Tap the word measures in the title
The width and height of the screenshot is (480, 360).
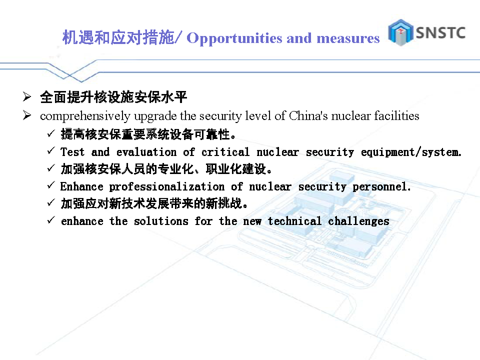pos(348,38)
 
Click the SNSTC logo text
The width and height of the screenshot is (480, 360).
pos(440,32)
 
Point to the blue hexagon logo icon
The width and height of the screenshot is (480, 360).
pos(400,32)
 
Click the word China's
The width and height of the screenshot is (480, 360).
pos(308,115)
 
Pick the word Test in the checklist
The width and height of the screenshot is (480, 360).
pos(72,152)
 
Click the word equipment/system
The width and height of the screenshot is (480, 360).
pos(411,152)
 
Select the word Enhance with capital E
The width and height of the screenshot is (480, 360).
pos(81,186)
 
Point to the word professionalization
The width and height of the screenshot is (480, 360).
pos(167,186)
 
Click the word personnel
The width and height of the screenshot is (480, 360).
pos(381,186)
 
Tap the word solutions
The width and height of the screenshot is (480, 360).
pos(161,221)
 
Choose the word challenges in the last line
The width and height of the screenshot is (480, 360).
pos(358,221)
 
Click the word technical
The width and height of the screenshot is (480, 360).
pos(294,221)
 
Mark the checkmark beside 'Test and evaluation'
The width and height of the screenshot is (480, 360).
pos(51,150)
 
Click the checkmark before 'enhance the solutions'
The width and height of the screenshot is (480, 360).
pos(51,220)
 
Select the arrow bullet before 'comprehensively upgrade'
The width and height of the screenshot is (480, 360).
pos(27,115)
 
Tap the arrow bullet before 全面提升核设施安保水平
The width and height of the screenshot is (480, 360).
pos(27,96)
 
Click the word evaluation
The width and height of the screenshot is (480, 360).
pos(146,152)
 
